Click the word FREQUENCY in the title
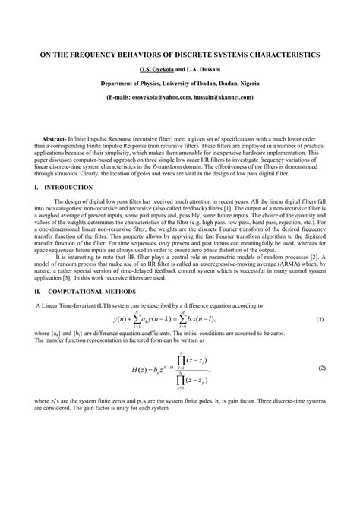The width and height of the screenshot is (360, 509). point(102,55)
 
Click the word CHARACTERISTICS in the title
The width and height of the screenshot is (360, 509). point(280,55)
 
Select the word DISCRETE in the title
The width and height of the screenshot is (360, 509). point(194,55)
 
